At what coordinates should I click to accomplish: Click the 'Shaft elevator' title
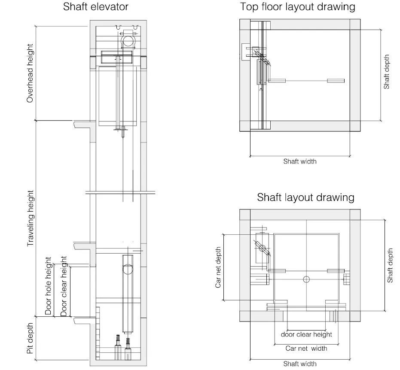tap(96, 6)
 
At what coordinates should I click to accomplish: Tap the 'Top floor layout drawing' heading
tap(297, 7)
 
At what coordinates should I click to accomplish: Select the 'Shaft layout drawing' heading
tap(305, 197)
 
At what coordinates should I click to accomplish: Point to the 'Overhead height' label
tap(30, 73)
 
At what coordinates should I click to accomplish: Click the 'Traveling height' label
tap(31, 218)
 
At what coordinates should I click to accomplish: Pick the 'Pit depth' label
tap(30, 338)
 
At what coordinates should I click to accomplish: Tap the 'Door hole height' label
tap(48, 286)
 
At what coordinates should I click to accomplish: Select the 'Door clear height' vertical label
tap(64, 286)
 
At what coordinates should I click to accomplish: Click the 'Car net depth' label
tap(218, 267)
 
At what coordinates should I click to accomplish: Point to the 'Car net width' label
tap(306, 349)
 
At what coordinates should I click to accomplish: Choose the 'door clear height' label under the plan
tap(306, 334)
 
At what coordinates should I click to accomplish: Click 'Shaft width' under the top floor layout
tap(300, 161)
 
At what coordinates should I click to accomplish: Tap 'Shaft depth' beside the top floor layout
tap(387, 72)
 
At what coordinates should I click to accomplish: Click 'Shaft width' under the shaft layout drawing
tap(300, 364)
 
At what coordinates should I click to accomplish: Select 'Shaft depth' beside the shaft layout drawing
tap(390, 266)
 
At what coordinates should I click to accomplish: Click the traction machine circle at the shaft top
tap(128, 41)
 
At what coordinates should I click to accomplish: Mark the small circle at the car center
tap(306, 279)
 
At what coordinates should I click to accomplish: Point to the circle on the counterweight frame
tap(128, 269)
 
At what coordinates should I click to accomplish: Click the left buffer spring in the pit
tap(118, 340)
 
